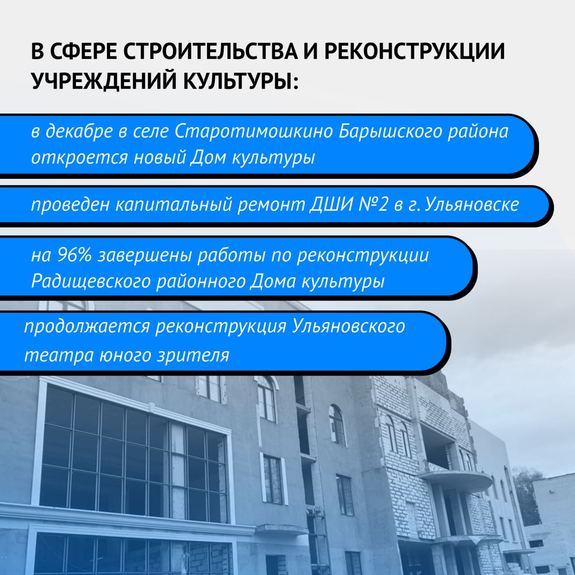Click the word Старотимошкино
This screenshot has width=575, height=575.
click(x=254, y=131)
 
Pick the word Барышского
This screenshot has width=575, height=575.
click(x=390, y=131)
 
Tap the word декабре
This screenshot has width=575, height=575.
click(x=79, y=131)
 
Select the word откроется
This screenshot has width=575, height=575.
click(x=80, y=158)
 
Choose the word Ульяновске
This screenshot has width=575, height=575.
click(x=472, y=205)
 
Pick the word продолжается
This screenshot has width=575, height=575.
click(x=87, y=326)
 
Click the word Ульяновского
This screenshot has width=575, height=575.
click(x=348, y=326)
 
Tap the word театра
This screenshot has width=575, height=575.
click(x=59, y=355)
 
